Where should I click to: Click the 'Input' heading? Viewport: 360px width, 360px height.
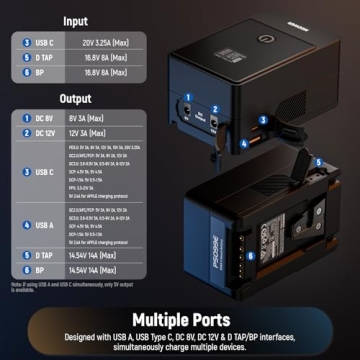75,20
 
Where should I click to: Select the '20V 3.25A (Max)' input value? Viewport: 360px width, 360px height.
115,43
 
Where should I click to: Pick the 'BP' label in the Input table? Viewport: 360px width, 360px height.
40,73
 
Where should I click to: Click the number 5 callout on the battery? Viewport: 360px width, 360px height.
317,159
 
